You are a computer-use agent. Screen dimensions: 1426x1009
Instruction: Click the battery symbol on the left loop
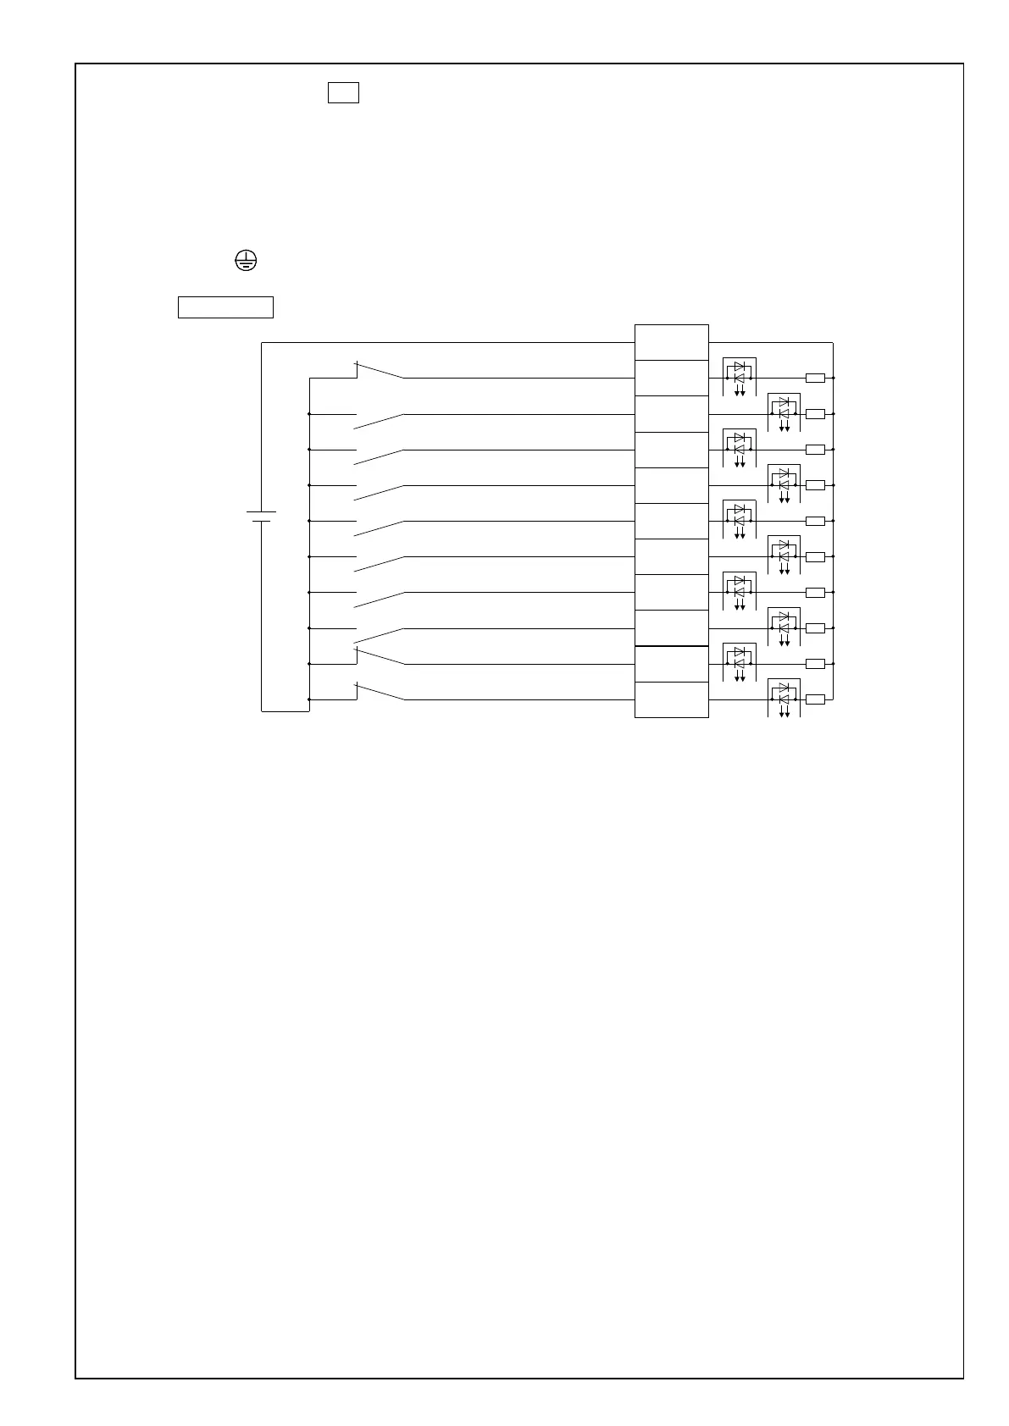point(262,516)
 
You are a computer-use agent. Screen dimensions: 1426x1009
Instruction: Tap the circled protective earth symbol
point(245,261)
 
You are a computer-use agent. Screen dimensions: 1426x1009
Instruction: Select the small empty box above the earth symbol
point(343,92)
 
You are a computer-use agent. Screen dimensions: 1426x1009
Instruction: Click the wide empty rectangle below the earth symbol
point(225,307)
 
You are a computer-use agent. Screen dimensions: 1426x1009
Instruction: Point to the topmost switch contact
point(379,371)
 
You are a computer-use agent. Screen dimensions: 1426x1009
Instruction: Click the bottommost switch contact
point(379,692)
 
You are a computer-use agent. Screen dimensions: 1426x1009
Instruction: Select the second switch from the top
point(379,421)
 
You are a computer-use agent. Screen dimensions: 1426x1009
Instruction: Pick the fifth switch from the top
point(379,528)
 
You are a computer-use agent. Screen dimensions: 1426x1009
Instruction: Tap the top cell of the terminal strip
point(671,342)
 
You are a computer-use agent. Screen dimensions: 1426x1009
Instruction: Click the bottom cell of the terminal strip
point(671,699)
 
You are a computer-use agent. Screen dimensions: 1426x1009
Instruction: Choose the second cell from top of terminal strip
point(671,378)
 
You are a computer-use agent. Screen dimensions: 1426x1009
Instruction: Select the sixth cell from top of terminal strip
point(671,521)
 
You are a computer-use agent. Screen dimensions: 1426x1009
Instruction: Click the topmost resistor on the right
point(815,378)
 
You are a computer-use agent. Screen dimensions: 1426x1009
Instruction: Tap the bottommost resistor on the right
point(815,699)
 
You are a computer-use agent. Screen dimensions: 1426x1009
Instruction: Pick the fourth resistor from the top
point(815,485)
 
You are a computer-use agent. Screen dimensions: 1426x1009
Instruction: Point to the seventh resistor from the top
point(815,592)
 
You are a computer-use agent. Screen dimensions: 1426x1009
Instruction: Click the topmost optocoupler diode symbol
point(740,373)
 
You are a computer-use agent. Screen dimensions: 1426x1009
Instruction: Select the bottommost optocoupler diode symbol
point(784,694)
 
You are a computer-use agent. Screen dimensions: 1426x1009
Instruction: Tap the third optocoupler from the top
point(740,444)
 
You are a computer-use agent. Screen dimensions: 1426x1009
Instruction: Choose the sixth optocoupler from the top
point(784,551)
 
